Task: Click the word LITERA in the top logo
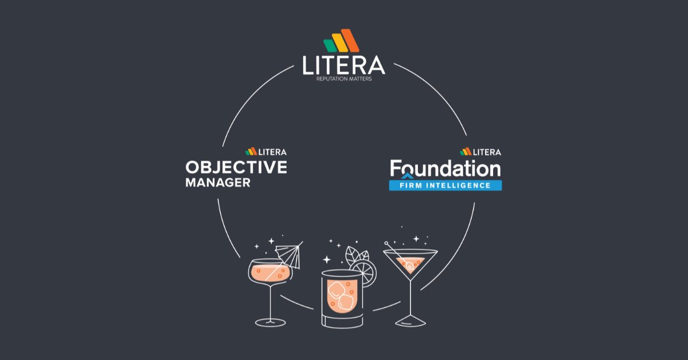tap(344, 65)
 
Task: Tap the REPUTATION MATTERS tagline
tap(344, 79)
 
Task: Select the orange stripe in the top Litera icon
tap(351, 40)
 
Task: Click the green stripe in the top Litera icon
tap(330, 45)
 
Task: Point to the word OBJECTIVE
tap(236, 167)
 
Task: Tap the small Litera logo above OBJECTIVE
tap(266, 152)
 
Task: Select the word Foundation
tap(445, 168)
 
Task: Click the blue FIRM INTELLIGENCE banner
tap(445, 185)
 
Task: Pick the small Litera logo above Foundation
tap(480, 152)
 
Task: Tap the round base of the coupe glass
tap(270, 322)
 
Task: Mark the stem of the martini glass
tap(411, 298)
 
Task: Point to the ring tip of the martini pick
tap(388, 245)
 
